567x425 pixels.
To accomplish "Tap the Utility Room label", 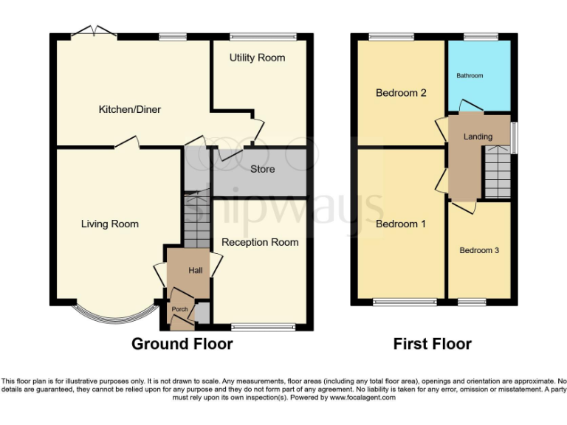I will point(257,58).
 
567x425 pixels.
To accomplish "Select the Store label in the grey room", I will point(262,169).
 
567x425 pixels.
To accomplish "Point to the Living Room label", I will point(110,224).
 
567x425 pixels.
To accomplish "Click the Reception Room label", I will point(260,242).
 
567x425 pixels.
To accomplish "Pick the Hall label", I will point(195,271).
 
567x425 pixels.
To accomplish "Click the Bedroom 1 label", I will point(401,224).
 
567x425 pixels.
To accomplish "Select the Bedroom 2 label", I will point(401,93).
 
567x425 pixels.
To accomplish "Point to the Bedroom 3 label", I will point(479,250).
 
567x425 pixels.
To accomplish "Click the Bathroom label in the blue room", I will point(470,75).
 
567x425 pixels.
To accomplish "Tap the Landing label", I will point(478,137).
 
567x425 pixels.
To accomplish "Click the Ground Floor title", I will point(182,344).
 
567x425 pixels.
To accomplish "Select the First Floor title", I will point(432,344).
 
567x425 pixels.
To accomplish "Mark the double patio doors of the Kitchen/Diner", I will point(94,32).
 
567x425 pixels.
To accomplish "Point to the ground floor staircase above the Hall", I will point(196,218).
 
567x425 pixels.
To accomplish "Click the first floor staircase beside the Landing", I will point(497,172).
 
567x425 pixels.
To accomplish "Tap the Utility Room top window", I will point(264,35).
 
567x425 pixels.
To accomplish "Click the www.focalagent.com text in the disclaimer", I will point(362,397).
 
